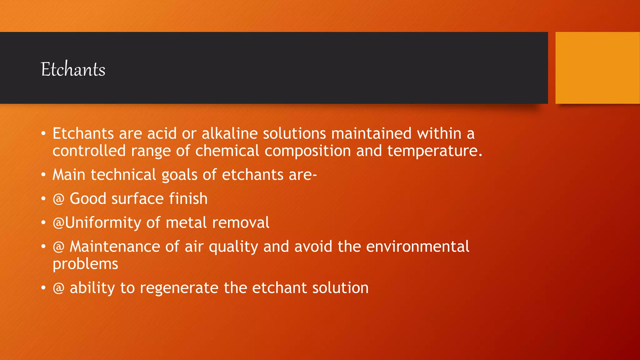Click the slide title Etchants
point(73,69)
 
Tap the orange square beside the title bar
point(597,68)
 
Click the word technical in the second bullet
point(123,175)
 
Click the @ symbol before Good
point(58,199)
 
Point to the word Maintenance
point(115,247)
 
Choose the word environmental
point(417,247)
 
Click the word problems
point(85,264)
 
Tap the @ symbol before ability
point(58,288)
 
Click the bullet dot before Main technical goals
point(43,175)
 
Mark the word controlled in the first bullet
point(89,151)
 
